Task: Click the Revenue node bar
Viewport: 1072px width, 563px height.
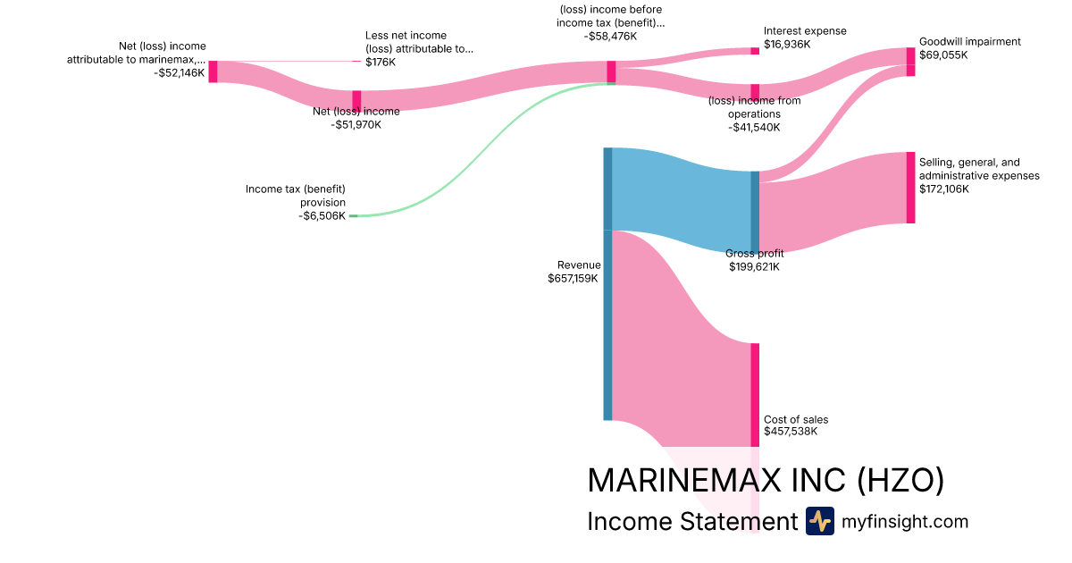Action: (607, 283)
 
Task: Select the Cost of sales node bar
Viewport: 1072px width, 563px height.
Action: (755, 394)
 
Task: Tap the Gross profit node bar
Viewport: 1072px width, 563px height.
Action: (755, 213)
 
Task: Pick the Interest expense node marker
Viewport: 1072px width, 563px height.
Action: (755, 51)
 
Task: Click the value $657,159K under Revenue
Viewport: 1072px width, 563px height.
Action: (574, 279)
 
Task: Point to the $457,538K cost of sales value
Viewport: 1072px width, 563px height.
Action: (791, 433)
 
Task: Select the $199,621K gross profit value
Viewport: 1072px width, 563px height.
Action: (753, 267)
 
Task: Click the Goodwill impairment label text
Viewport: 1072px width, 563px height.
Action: (969, 42)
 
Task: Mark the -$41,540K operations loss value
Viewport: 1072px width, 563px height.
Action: (754, 128)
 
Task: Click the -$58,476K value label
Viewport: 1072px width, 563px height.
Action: (611, 37)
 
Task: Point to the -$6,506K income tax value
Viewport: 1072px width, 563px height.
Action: (322, 216)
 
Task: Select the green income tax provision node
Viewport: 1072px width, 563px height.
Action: (353, 216)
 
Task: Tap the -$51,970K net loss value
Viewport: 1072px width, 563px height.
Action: (356, 125)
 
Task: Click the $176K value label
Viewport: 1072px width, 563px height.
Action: (381, 63)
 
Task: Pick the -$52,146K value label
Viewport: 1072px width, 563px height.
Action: (179, 73)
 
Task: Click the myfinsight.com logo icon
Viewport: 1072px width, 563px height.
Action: (819, 521)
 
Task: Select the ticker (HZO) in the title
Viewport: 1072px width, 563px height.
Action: (900, 481)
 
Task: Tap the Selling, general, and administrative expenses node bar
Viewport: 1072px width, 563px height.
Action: (910, 188)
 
